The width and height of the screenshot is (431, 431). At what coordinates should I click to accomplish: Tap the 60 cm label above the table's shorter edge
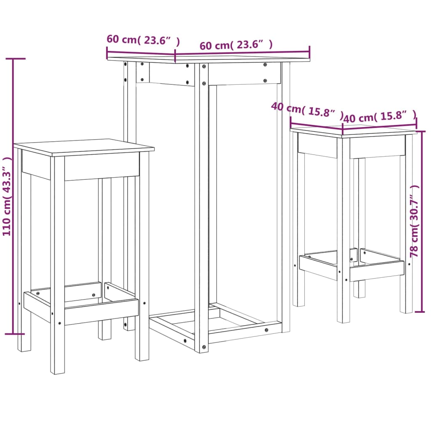tap(143, 40)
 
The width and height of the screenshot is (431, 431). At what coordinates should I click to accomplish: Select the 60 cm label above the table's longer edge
tap(236, 45)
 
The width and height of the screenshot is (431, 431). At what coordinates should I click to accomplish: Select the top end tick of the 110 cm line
tap(13, 59)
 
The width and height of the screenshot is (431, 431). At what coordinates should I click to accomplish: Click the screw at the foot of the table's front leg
tap(204, 347)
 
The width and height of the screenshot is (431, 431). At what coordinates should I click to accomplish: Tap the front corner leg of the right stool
tap(343, 231)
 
